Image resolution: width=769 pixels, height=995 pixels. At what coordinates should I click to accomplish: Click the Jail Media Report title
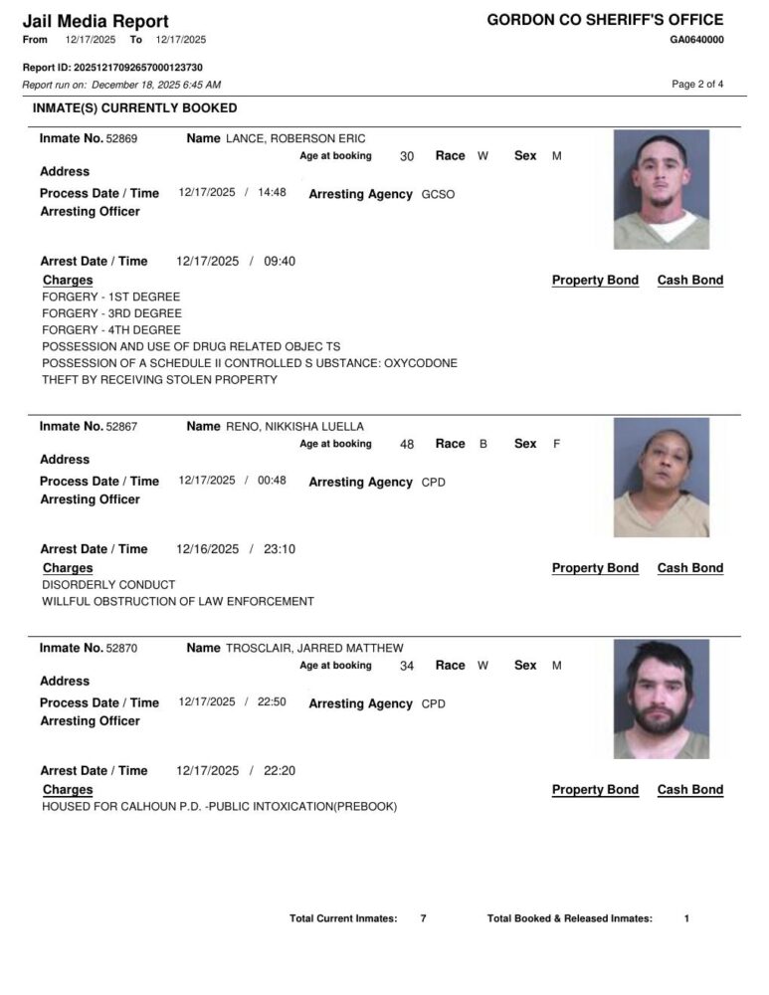click(96, 21)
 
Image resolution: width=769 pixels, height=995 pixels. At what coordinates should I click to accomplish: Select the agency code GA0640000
click(696, 40)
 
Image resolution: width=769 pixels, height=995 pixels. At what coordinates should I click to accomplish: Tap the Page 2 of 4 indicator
click(697, 85)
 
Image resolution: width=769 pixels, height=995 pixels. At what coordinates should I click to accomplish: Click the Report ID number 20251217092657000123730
click(138, 68)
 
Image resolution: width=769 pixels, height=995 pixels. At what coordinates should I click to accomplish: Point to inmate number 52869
click(121, 139)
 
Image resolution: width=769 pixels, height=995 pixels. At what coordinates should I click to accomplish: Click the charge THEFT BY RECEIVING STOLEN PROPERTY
click(159, 379)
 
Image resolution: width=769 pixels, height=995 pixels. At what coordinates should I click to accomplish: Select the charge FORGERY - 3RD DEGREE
click(111, 313)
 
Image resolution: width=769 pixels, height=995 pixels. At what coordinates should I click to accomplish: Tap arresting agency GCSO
click(438, 195)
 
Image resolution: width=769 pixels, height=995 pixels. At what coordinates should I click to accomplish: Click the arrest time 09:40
click(280, 262)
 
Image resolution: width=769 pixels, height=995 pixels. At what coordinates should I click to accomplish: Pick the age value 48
click(407, 445)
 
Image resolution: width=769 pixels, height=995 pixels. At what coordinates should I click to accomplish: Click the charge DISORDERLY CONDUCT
click(108, 585)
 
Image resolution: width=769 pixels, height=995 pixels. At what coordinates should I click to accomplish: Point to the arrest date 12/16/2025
click(206, 549)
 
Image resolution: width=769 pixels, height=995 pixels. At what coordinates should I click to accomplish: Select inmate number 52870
click(121, 649)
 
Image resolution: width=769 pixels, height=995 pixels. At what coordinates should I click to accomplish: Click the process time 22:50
click(272, 702)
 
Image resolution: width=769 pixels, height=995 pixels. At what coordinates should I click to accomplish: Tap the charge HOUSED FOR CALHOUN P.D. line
click(219, 807)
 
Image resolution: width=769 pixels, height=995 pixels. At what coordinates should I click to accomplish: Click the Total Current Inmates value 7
click(423, 918)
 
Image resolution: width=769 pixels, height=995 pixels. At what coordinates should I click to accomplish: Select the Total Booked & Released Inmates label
click(570, 918)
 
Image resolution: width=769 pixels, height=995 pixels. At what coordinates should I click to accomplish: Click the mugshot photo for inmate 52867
click(662, 478)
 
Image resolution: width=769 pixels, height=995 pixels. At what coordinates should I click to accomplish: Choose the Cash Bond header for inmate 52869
click(690, 281)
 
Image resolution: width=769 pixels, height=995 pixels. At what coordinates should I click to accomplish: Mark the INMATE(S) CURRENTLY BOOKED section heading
click(135, 107)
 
